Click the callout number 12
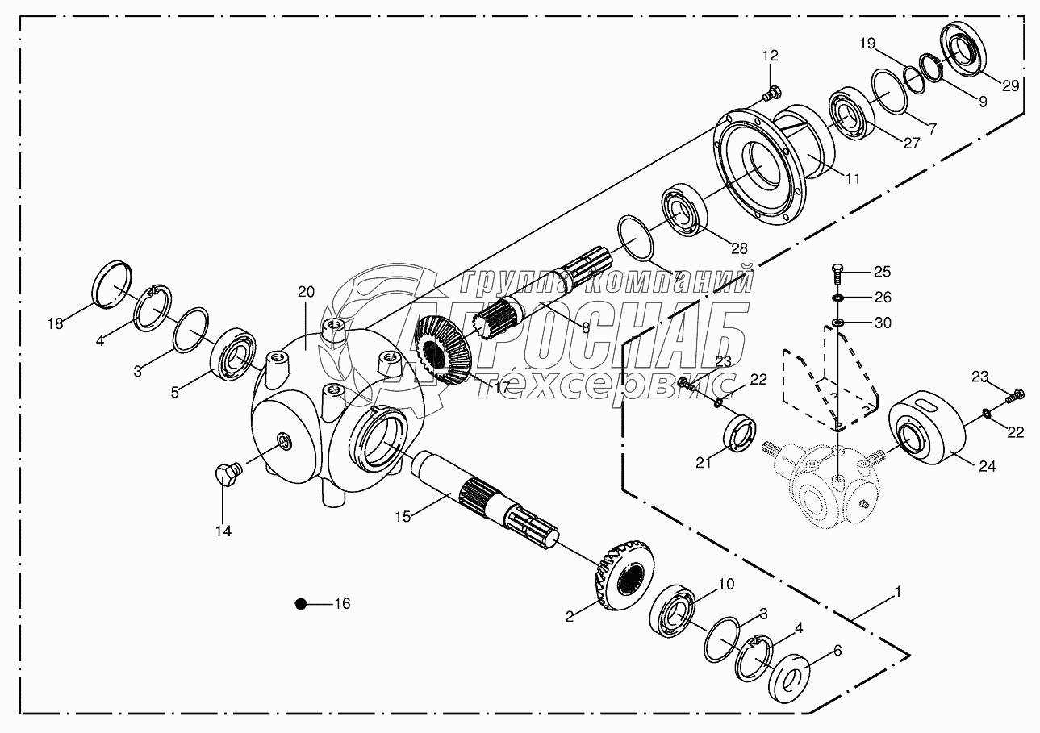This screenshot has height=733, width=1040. click(770, 56)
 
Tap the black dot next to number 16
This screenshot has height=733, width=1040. click(300, 603)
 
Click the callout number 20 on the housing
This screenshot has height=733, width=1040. click(306, 292)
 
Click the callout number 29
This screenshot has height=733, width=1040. click(1010, 85)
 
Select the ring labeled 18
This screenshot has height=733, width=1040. click(111, 285)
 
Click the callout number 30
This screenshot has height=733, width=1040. click(883, 323)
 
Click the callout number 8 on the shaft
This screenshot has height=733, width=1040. click(585, 327)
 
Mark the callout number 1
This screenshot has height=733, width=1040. click(897, 591)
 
